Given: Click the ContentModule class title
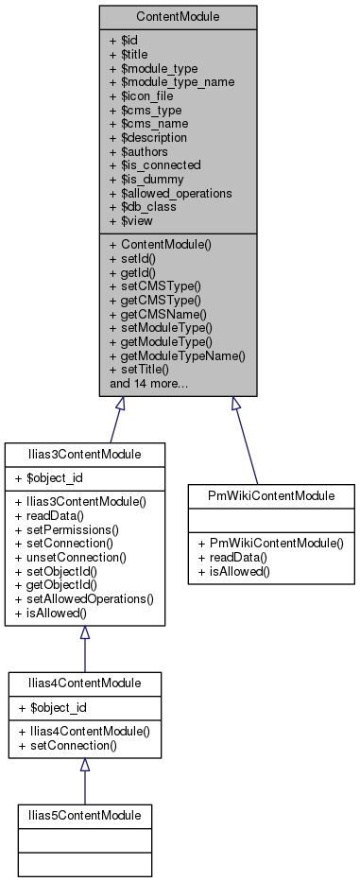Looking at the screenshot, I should [178, 17].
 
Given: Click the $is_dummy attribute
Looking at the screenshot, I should [147, 178].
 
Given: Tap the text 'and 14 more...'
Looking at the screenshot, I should [148, 384].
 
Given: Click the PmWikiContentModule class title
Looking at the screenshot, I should [272, 495].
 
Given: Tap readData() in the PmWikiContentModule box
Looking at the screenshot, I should [231, 558].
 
